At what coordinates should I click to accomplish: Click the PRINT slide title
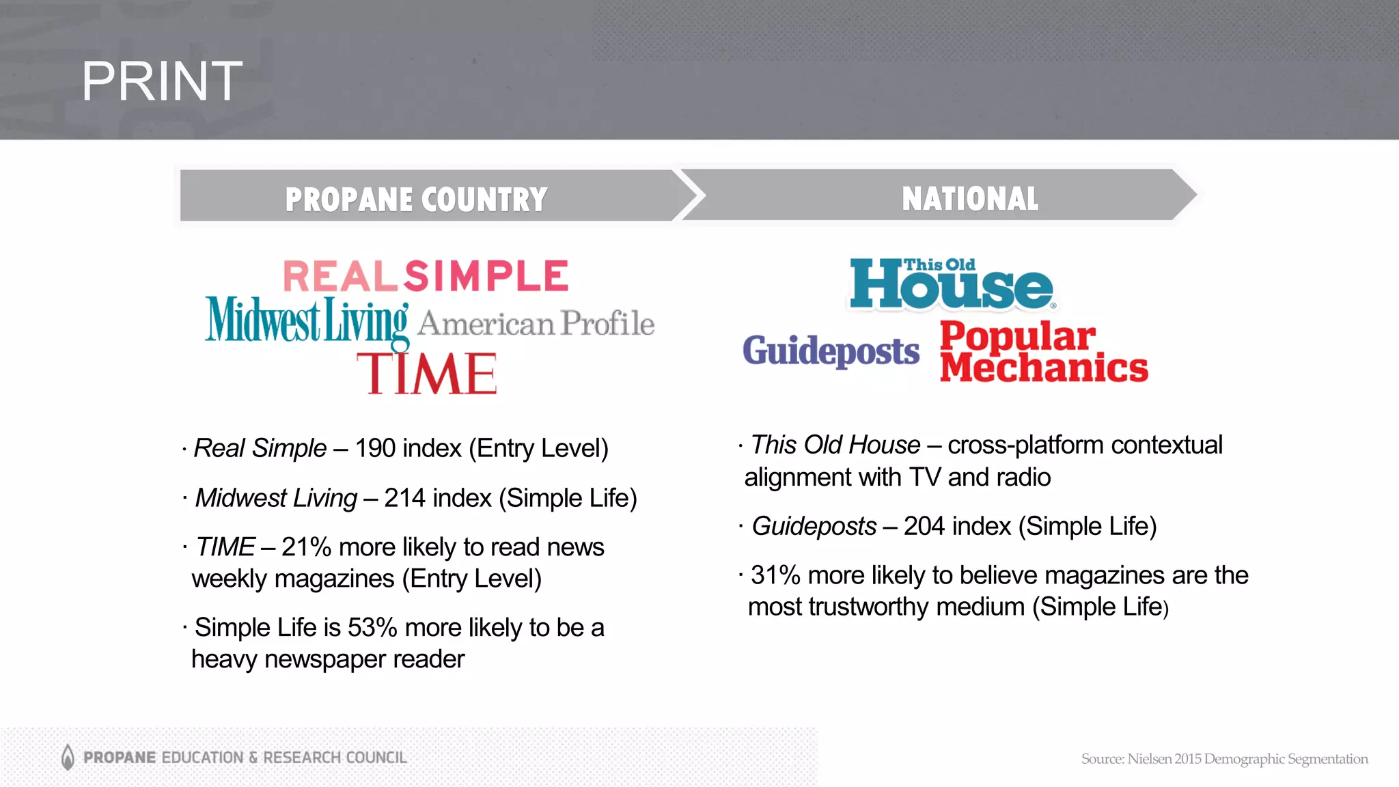[x=162, y=81]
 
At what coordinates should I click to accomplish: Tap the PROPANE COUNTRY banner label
[x=416, y=199]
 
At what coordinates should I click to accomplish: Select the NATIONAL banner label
[x=970, y=199]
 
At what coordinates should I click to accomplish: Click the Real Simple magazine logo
[x=426, y=276]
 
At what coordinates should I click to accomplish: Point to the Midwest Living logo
[x=307, y=320]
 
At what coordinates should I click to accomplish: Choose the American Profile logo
[x=536, y=324]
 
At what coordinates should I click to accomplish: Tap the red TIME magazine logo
[x=427, y=374]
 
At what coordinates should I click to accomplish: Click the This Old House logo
[x=952, y=285]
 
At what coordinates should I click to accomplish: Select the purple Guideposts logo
[x=831, y=351]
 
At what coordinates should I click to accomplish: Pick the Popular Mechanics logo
[x=1043, y=352]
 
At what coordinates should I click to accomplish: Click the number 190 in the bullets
[x=375, y=449]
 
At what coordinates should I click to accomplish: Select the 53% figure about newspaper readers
[x=372, y=628]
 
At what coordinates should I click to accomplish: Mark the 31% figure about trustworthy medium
[x=775, y=576]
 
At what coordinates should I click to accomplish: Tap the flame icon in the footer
[x=68, y=757]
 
